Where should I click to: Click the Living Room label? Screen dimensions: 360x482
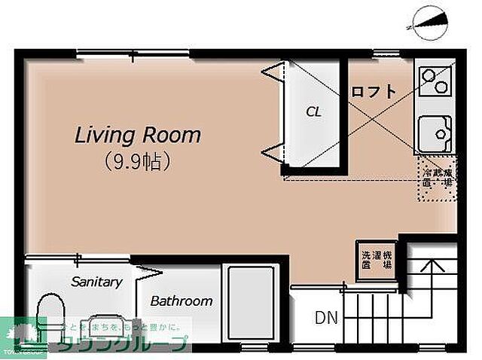(137, 136)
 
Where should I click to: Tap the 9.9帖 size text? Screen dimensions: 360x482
(136, 160)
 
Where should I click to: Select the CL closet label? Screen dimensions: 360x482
(313, 112)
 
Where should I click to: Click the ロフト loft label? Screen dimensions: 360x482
(373, 92)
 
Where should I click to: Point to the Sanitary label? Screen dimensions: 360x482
(96, 282)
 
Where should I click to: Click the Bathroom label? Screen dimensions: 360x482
(181, 301)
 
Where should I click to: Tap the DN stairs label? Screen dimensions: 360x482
(325, 318)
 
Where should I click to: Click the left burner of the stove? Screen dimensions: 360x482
(428, 76)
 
